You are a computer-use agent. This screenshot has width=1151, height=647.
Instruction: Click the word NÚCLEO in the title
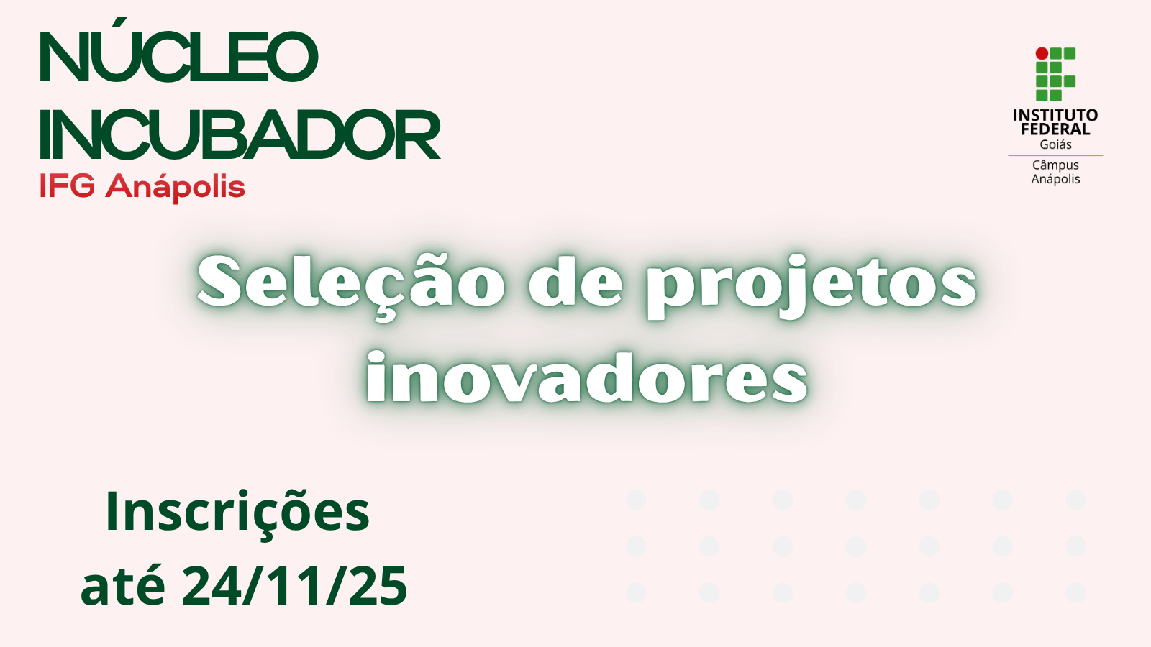[x=179, y=50]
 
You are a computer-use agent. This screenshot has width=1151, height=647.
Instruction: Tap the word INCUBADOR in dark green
[x=240, y=134]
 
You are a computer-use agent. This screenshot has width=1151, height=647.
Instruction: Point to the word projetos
[x=811, y=288]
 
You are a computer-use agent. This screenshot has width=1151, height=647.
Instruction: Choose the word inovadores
[x=586, y=377]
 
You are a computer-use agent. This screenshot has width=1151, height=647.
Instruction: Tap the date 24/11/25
[x=294, y=586]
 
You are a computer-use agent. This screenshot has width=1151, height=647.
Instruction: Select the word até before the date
[x=123, y=585]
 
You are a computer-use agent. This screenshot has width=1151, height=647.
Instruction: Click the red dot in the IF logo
[x=1042, y=53]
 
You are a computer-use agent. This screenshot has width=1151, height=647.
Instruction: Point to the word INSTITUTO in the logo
[x=1055, y=115]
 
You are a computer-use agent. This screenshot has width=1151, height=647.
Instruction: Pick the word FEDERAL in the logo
[x=1055, y=129]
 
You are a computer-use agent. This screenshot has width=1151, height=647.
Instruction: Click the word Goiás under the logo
[x=1056, y=144]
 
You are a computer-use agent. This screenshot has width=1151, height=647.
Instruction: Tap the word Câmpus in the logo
[x=1055, y=166]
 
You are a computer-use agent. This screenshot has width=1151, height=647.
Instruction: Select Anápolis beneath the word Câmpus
[x=1055, y=179]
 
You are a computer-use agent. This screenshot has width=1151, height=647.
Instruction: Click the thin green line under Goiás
[x=1055, y=155]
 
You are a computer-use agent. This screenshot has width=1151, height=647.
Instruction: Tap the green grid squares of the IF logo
[x=1056, y=75]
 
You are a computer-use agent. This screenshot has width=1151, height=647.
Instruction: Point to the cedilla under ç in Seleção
[x=384, y=316]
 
